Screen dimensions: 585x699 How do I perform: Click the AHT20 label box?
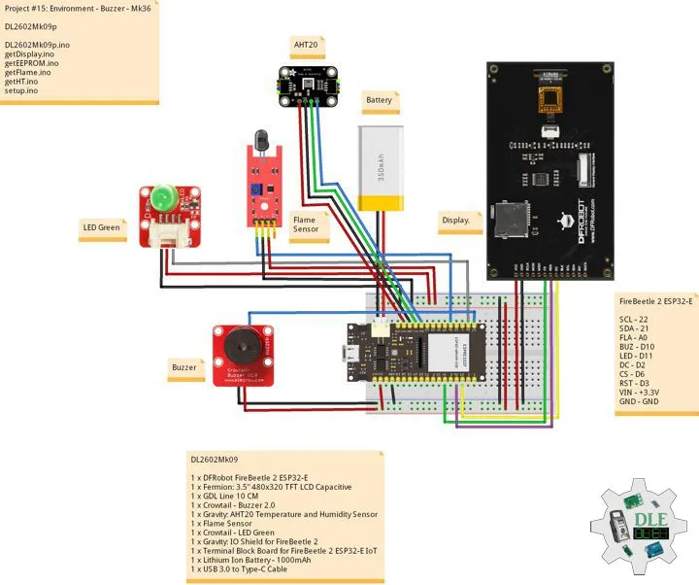[306, 45]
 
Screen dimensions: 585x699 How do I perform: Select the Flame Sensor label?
[310, 226]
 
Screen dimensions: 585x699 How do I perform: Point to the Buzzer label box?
[184, 369]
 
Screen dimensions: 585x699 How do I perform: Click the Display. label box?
[457, 221]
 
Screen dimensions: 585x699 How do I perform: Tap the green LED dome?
[162, 198]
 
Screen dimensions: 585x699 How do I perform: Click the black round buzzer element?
[236, 344]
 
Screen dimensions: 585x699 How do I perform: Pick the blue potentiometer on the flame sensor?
[255, 192]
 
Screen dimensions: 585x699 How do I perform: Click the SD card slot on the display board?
[512, 213]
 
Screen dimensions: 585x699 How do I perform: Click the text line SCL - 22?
[634, 319]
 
